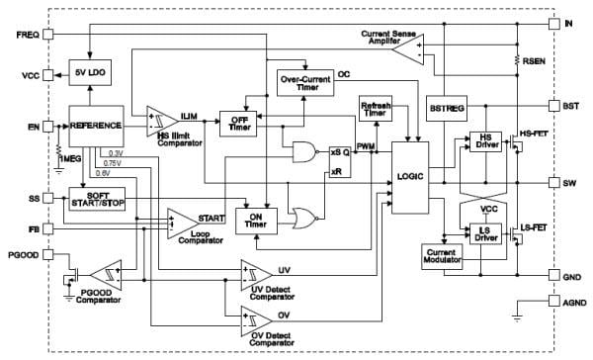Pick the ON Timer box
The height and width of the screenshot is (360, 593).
coord(254,220)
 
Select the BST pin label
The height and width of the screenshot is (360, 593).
coord(572,105)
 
